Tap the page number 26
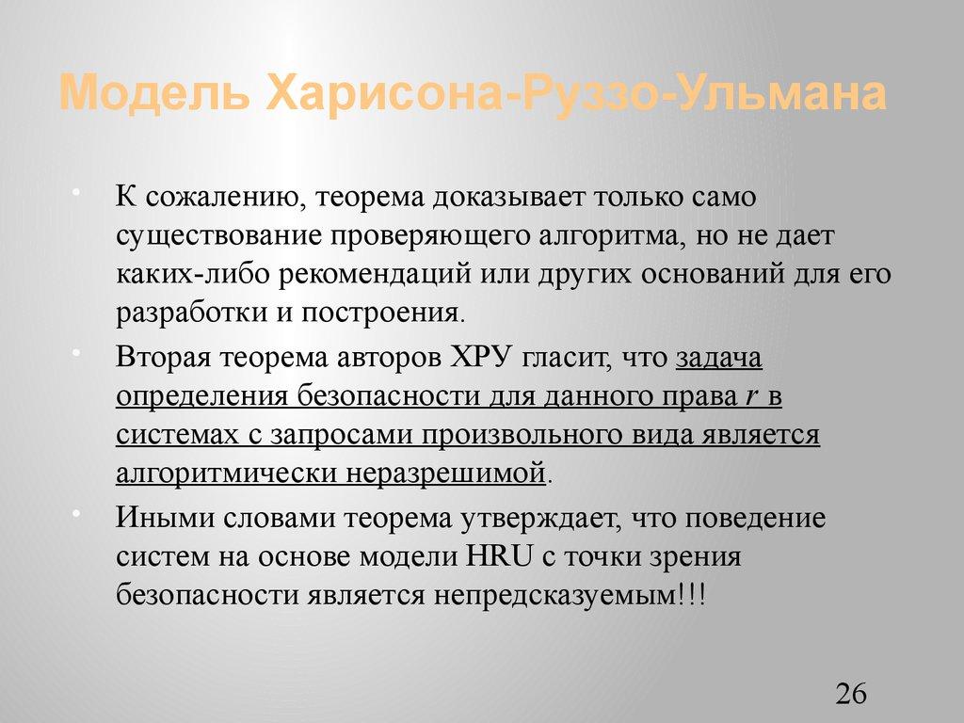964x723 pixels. pos(850,695)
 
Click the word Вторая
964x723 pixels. pos(161,359)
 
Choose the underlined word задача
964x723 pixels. pos(719,359)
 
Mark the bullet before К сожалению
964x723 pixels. pos(101,194)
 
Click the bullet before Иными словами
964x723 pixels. pos(101,514)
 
